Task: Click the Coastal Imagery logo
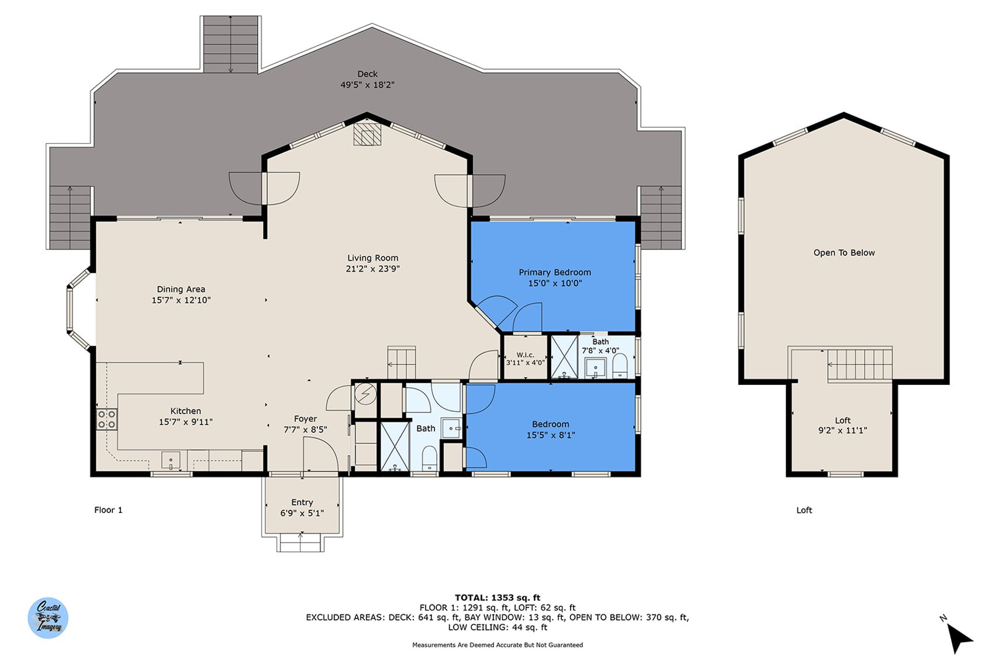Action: coord(48,617)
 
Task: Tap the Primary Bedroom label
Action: coord(555,272)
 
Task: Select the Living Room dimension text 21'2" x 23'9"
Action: coord(372,269)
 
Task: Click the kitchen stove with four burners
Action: coord(106,419)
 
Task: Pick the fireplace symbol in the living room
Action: coord(367,134)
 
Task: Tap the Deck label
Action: coord(367,74)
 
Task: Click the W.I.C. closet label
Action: coord(525,355)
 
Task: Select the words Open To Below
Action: coord(844,252)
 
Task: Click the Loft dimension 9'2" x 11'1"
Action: coord(842,430)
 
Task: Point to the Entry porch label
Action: coord(302,502)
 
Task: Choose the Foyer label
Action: coord(305,418)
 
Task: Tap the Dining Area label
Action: coord(181,289)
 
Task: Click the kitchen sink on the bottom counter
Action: coord(171,460)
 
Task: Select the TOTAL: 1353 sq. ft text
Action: coord(498,598)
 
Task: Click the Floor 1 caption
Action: coord(108,510)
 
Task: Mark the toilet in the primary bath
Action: coord(620,366)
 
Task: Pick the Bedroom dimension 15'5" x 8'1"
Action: coord(551,435)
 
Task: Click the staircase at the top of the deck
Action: coord(230,44)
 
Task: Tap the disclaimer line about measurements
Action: coord(498,645)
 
